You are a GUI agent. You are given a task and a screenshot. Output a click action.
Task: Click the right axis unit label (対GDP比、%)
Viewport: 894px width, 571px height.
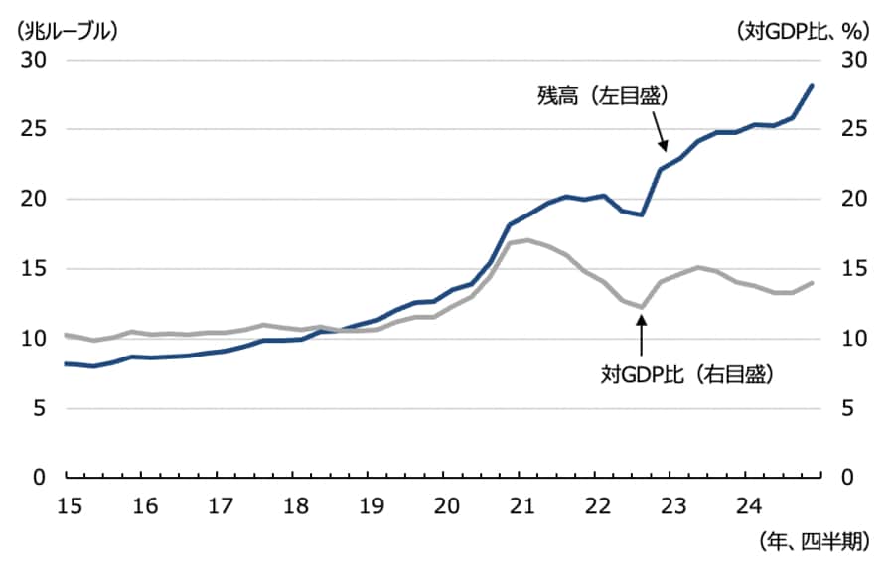(803, 30)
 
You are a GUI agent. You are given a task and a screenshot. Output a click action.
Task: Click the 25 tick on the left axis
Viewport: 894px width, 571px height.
(33, 130)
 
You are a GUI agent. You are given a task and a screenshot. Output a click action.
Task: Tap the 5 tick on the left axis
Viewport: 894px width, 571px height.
(39, 408)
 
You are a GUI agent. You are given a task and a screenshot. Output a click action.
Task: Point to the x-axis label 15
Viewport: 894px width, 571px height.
(68, 504)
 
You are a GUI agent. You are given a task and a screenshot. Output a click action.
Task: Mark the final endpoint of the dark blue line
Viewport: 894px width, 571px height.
(813, 85)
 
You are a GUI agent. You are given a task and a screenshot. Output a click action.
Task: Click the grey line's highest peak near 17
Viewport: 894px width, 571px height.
(527, 240)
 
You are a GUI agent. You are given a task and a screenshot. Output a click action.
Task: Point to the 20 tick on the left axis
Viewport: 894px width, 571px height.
(33, 200)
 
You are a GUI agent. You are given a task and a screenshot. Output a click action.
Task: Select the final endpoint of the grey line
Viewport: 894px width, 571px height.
(813, 282)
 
